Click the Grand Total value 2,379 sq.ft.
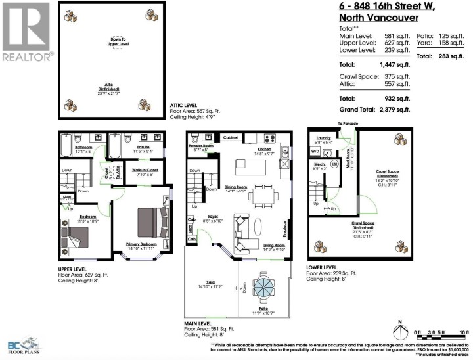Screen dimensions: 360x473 [392, 109]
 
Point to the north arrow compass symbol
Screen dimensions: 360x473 [399, 331]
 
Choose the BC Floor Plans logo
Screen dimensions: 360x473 [24, 344]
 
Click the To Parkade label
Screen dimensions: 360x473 [348, 123]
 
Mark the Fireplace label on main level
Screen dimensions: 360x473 [285, 229]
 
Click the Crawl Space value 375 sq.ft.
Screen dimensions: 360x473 [392, 76]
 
